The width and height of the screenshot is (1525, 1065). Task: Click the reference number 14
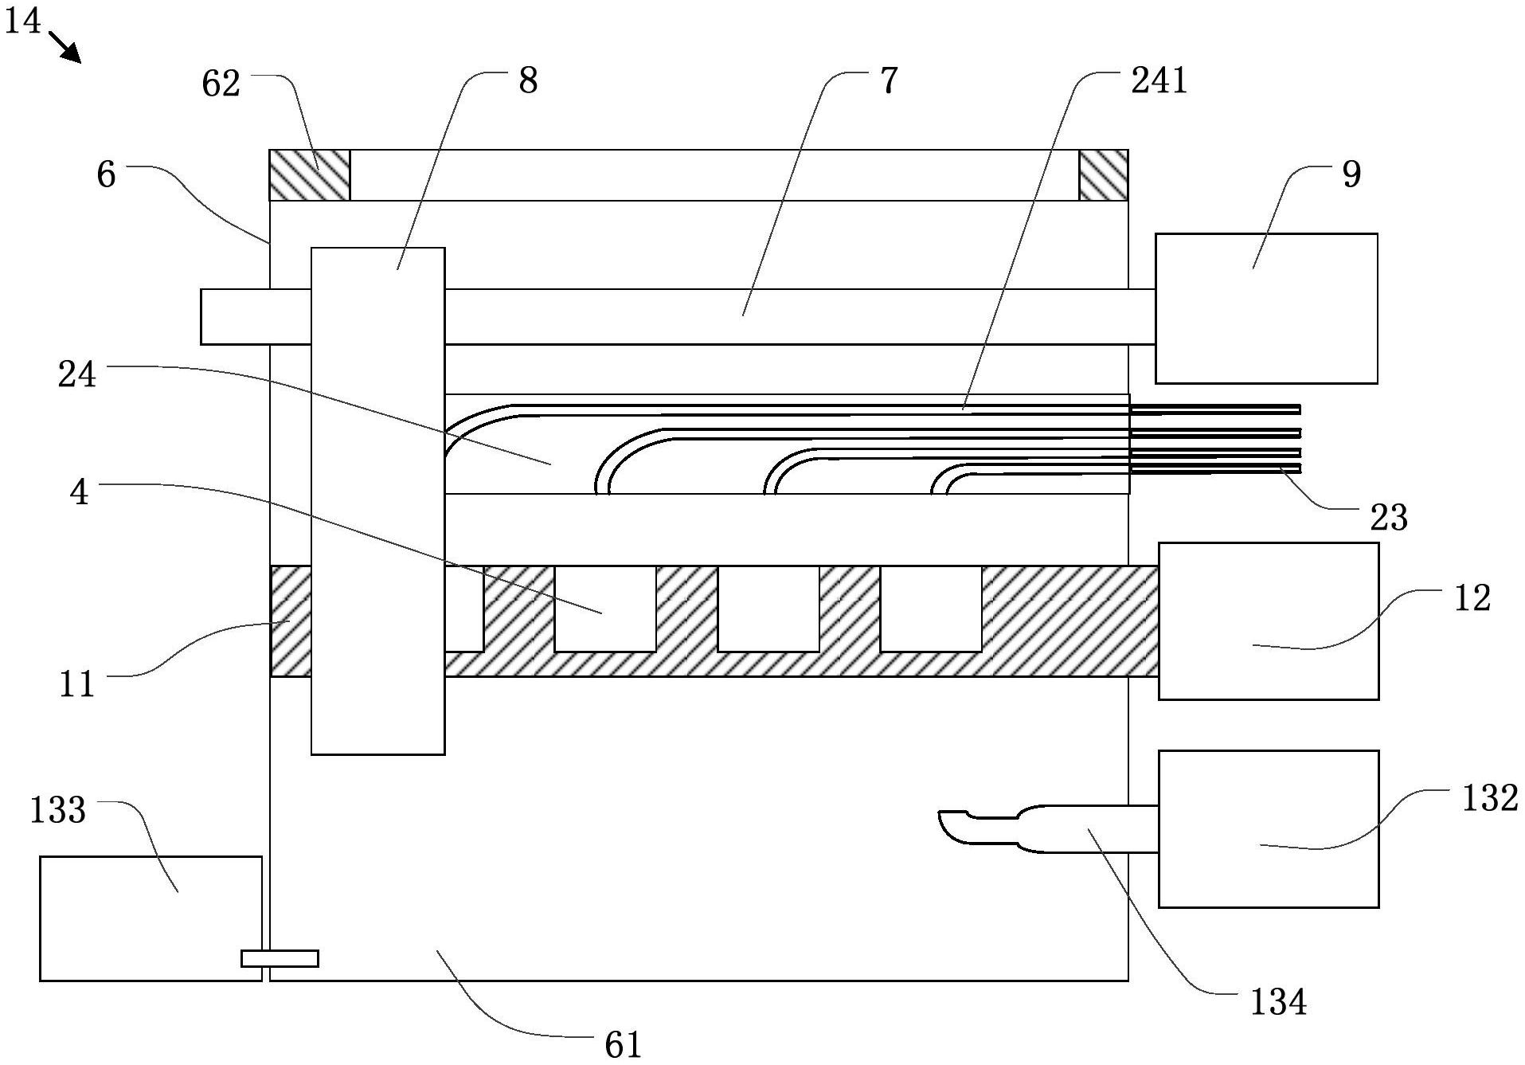[22, 21]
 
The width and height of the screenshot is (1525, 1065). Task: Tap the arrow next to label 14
[65, 47]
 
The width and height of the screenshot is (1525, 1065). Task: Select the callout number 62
[221, 84]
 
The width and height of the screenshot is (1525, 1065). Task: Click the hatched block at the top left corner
[309, 175]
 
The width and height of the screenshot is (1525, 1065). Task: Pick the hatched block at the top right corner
[1103, 175]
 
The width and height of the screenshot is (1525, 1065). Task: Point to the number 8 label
[528, 81]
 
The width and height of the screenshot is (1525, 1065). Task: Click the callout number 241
[1159, 81]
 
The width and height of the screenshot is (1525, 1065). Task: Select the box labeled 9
[1266, 308]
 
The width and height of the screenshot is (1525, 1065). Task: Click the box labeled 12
[1268, 621]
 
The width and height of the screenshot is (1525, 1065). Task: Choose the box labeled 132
[1268, 828]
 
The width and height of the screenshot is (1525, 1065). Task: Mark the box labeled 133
[150, 918]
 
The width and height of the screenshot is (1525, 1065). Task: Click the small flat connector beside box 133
[280, 958]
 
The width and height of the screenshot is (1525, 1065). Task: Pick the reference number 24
[77, 374]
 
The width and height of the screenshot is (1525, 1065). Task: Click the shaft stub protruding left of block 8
[255, 316]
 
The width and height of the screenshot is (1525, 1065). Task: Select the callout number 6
[106, 174]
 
